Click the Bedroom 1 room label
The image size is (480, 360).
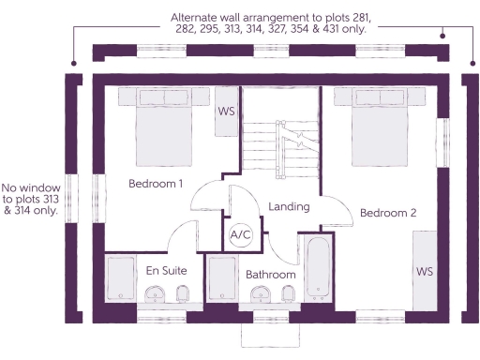156,184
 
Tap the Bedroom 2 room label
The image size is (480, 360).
387,213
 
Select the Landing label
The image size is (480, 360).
289,206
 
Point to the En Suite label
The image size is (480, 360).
166,271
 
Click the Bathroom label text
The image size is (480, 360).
271,275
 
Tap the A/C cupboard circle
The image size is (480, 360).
241,234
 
